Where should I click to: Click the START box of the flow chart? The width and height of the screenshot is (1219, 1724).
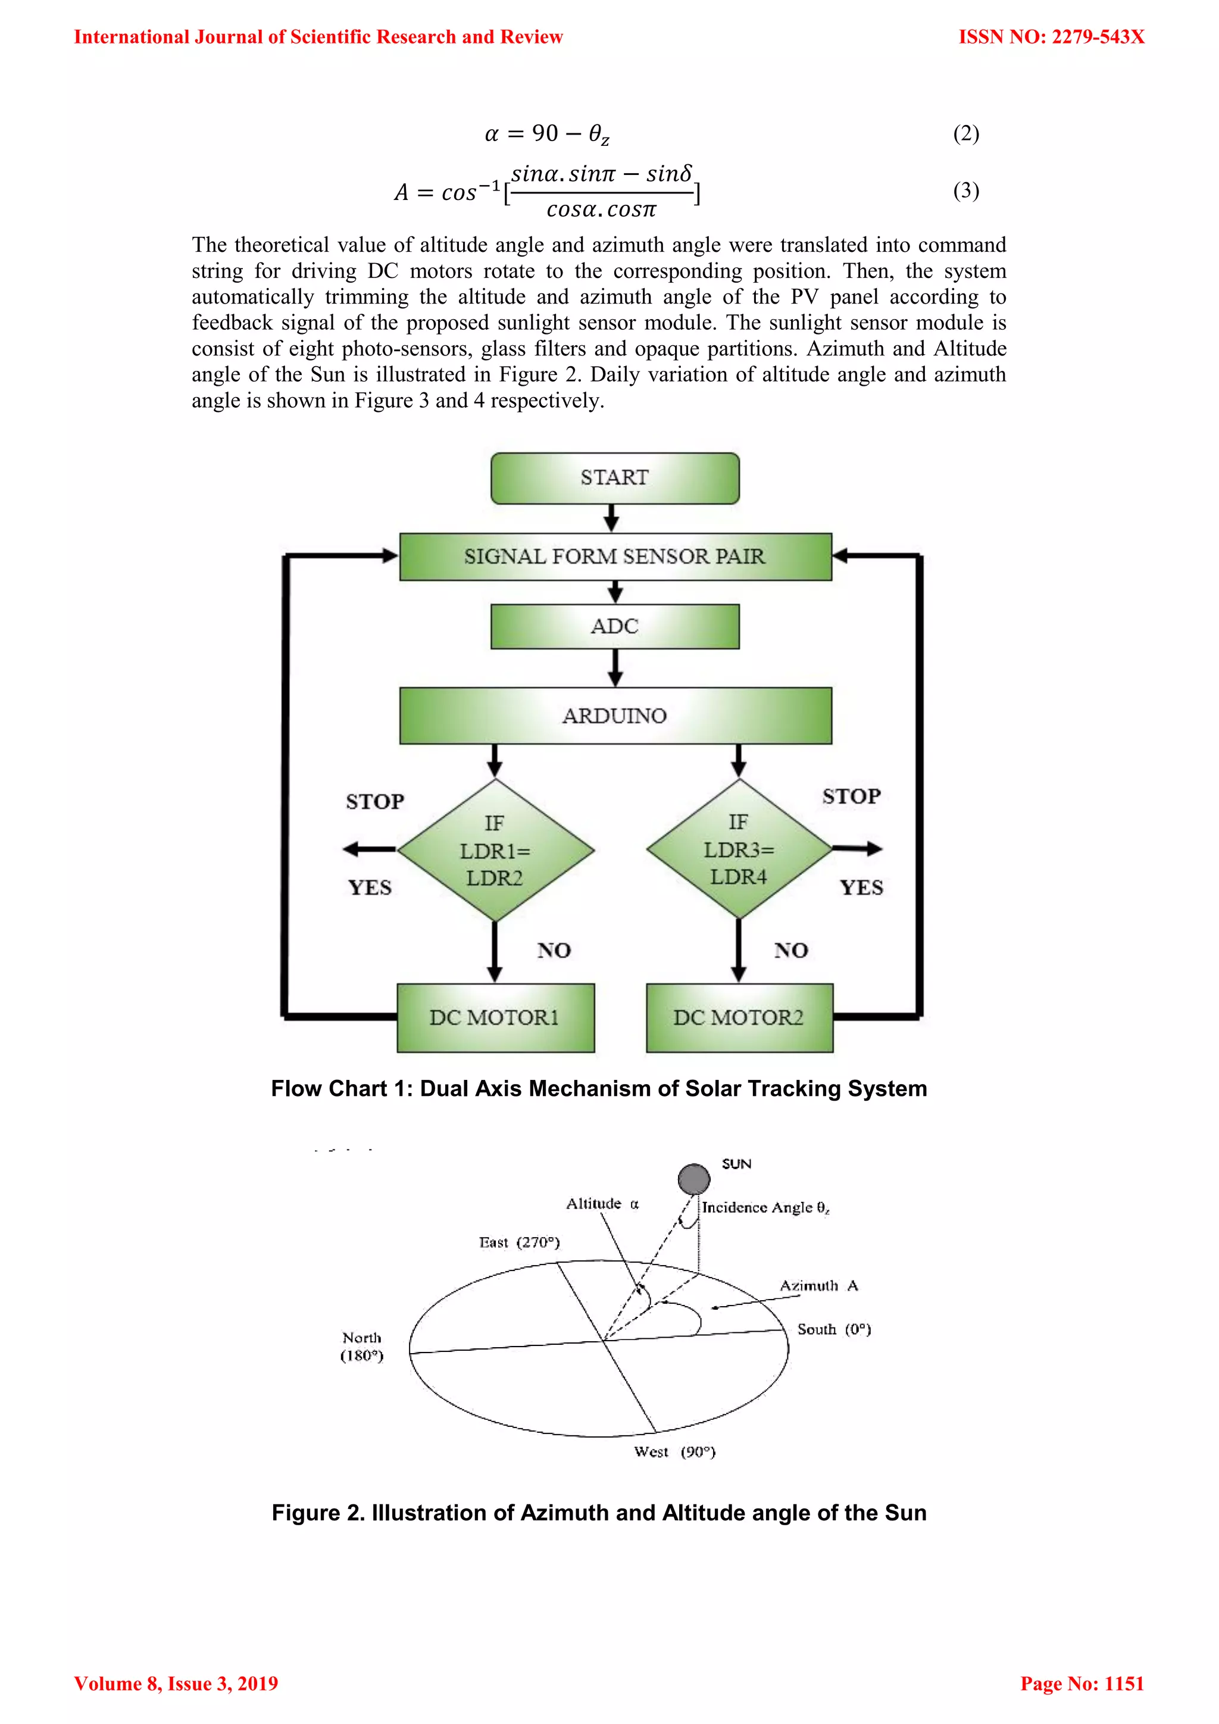pyautogui.click(x=615, y=478)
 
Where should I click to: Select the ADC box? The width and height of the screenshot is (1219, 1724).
pyautogui.click(x=615, y=626)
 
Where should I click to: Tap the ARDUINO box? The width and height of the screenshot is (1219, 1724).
pyautogui.click(x=615, y=716)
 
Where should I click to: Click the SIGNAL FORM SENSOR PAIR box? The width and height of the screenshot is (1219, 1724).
pyautogui.click(x=615, y=557)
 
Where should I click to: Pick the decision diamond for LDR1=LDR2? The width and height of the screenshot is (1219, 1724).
pyautogui.click(x=495, y=851)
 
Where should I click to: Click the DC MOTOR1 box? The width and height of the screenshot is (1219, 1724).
pyautogui.click(x=495, y=1017)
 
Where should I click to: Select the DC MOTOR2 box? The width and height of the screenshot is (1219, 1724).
pyautogui.click(x=739, y=1017)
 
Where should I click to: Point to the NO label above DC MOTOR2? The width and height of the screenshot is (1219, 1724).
pyautogui.click(x=791, y=951)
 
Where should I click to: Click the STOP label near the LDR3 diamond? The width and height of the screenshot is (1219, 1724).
pyautogui.click(x=851, y=796)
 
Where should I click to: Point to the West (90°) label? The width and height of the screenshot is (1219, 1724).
pyautogui.click(x=674, y=1452)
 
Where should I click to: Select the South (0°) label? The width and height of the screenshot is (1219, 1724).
pyautogui.click(x=834, y=1329)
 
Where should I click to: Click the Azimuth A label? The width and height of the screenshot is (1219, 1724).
pyautogui.click(x=819, y=1285)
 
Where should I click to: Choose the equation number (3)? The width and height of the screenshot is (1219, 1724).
pyautogui.click(x=966, y=190)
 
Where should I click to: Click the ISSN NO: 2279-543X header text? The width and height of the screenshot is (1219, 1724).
pyautogui.click(x=1051, y=37)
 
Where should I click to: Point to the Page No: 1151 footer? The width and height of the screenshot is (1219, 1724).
pyautogui.click(x=1082, y=1684)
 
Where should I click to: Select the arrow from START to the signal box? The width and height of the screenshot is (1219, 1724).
pyautogui.click(x=612, y=518)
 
